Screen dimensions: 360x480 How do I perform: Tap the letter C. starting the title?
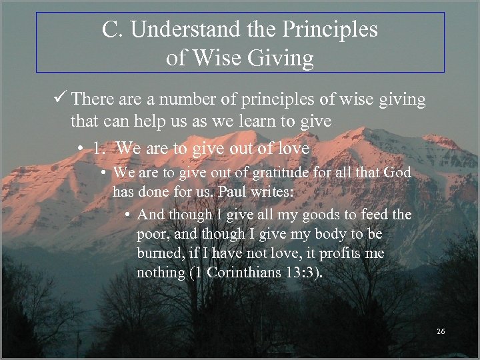[x=112, y=30]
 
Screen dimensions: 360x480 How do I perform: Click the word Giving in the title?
[x=280, y=59]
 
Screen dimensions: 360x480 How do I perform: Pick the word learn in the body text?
[x=271, y=122]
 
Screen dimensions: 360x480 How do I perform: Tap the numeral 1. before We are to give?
[x=100, y=148]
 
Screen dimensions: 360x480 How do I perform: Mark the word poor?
[x=153, y=235]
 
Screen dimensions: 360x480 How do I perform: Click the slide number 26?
[x=440, y=331]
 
